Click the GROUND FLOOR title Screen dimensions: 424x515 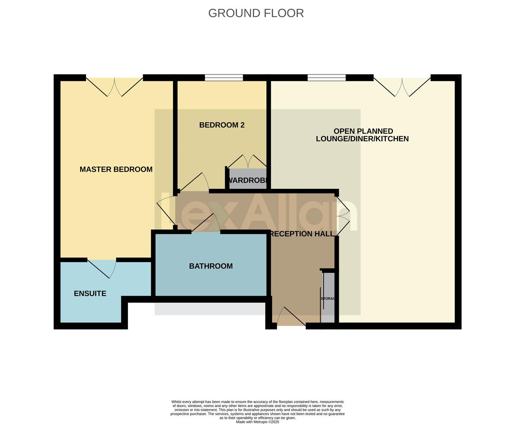[x=256, y=13]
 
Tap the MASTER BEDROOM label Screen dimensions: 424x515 [x=116, y=169]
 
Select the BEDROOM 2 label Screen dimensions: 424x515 [x=222, y=125]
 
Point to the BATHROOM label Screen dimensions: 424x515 [x=211, y=266]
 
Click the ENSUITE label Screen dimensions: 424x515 [x=90, y=293]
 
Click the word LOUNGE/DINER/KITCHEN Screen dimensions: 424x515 [x=362, y=139]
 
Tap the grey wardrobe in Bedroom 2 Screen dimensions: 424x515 [x=247, y=179]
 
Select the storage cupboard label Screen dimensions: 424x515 [x=328, y=298]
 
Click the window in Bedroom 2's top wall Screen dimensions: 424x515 [x=224, y=78]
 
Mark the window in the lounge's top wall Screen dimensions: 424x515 [x=327, y=78]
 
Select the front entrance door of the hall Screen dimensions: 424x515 [x=291, y=317]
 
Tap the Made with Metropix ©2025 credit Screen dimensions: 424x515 [x=257, y=422]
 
